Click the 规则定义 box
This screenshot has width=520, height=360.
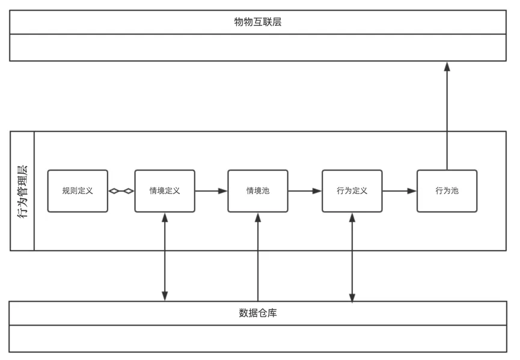pos(78,191)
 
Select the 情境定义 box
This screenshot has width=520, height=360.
pos(165,191)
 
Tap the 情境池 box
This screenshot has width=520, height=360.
pos(258,191)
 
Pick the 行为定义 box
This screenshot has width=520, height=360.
pos(352,191)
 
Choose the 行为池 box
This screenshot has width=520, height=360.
pos(447,191)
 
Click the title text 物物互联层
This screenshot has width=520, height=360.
pos(258,22)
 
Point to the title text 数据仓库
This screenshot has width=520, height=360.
pos(258,313)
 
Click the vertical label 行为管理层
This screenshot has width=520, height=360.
pos(22,191)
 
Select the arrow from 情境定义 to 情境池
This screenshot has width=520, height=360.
pos(211,191)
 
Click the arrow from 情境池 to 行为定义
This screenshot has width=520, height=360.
pos(305,191)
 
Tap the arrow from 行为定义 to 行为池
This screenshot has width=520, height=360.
pos(399,191)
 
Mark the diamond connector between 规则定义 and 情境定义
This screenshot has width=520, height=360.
pos(121,191)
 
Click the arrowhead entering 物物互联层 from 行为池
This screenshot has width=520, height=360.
pos(447,66)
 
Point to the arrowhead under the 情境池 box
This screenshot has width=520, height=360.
pos(258,218)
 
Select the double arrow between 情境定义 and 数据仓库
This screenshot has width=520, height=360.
pos(165,257)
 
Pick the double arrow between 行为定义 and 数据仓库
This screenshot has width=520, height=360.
pos(352,257)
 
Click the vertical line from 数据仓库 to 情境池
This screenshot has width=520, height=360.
pos(258,257)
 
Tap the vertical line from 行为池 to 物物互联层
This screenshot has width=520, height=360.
pos(447,115)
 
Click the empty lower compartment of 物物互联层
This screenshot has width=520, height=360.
pos(258,47)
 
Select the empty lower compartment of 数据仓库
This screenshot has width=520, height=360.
pos(258,338)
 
